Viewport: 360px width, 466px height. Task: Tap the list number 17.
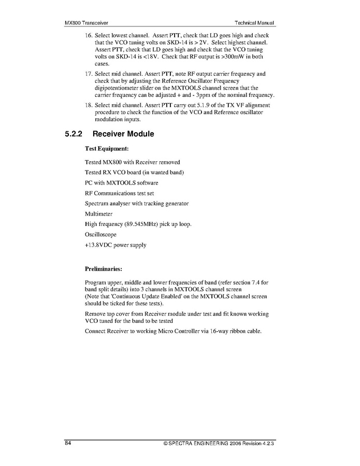(x=89, y=74)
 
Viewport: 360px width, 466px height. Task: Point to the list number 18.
(x=89, y=106)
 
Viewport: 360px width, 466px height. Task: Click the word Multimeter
(x=98, y=214)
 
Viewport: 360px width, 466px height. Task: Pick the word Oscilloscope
(x=100, y=234)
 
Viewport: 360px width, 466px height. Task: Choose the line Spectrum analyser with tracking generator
(x=137, y=203)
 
